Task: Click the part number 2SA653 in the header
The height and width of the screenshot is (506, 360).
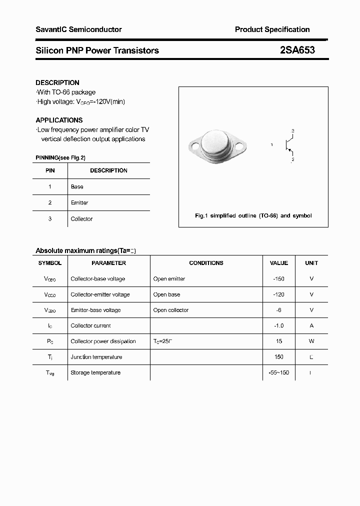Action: pyautogui.click(x=297, y=50)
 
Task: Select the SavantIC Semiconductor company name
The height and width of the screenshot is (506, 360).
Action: pyautogui.click(x=78, y=29)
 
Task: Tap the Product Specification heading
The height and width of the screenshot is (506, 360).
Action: pyautogui.click(x=272, y=29)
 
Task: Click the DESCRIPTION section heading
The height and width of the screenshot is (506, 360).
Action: pyautogui.click(x=57, y=82)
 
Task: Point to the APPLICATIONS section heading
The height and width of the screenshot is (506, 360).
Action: pyautogui.click(x=59, y=120)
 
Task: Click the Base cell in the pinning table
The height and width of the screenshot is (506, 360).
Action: pyautogui.click(x=77, y=186)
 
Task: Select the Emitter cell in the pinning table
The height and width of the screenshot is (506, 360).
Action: pyautogui.click(x=79, y=202)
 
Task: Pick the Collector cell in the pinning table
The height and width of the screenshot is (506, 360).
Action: pyautogui.click(x=81, y=218)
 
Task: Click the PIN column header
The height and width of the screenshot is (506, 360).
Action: pyautogui.click(x=50, y=170)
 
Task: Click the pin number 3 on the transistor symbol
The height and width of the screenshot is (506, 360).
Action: pyautogui.click(x=292, y=131)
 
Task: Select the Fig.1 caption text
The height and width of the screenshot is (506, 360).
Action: pyautogui.click(x=253, y=215)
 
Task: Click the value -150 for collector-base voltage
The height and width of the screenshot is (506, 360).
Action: pyautogui.click(x=278, y=278)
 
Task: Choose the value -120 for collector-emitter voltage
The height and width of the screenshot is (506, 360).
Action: pyautogui.click(x=278, y=294)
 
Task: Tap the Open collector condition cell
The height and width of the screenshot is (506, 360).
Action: pyautogui.click(x=171, y=310)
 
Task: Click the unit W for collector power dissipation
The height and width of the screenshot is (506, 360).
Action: pyautogui.click(x=311, y=341)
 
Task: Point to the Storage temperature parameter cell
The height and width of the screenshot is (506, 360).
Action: pyautogui.click(x=95, y=372)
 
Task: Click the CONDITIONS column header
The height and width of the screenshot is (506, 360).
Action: pyautogui.click(x=206, y=262)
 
